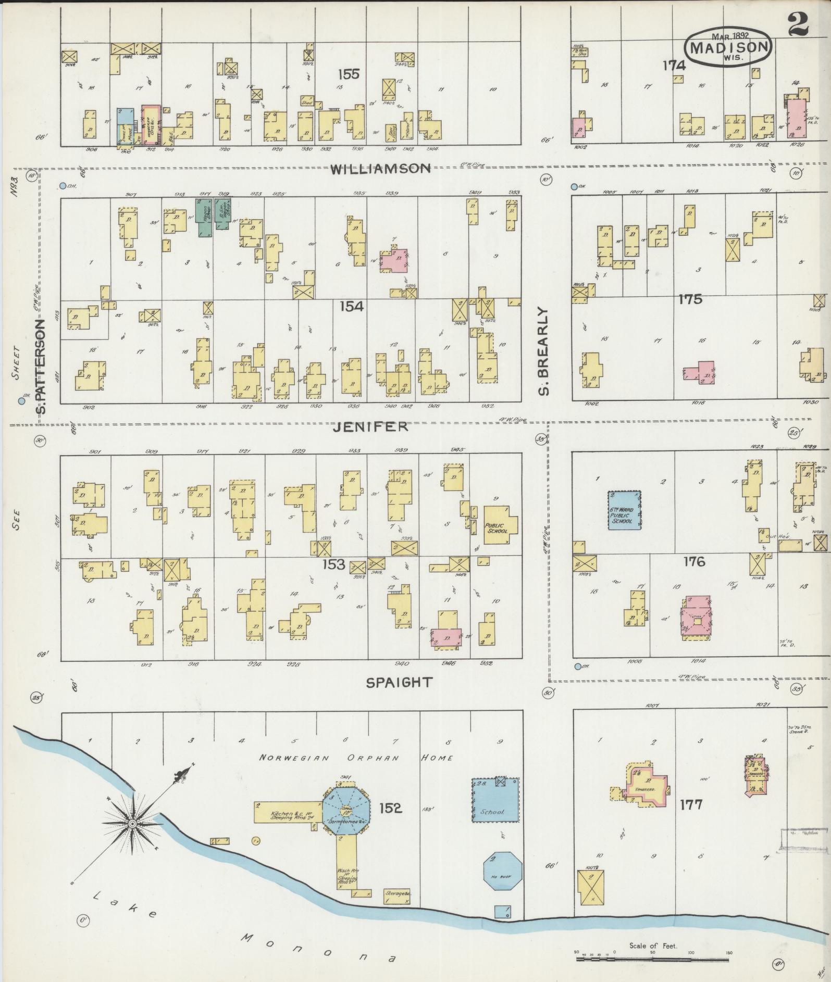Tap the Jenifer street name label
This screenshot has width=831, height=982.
point(370,427)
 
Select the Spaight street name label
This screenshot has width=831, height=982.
point(399,682)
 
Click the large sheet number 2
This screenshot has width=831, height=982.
point(798,23)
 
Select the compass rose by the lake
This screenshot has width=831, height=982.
point(133,823)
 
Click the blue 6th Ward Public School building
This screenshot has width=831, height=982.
point(625,510)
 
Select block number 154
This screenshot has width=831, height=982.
point(351,306)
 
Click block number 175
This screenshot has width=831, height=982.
point(690,299)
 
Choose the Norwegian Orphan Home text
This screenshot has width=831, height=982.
point(357,758)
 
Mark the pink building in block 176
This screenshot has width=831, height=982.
point(696,618)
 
